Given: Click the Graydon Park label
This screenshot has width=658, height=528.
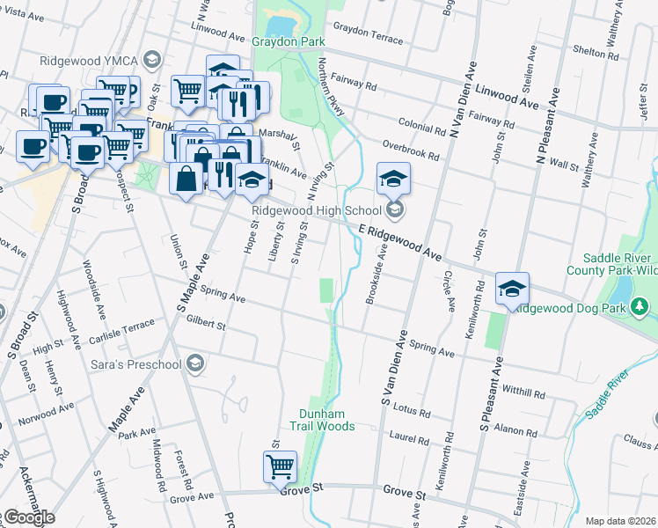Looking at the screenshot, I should point(289,41).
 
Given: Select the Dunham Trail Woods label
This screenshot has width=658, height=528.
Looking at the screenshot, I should point(326,420).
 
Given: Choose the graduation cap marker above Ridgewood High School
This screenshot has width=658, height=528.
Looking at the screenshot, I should point(393,179).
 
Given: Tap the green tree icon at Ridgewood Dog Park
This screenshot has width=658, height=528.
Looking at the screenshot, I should point(641,307).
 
